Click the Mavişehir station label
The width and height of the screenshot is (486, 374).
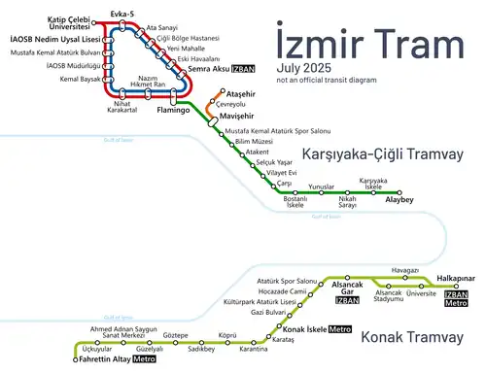(x=237, y=116)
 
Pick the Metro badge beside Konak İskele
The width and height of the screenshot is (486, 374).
(x=339, y=329)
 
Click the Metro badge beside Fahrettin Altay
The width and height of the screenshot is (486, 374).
(x=144, y=360)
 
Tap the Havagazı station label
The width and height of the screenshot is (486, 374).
(x=403, y=269)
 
